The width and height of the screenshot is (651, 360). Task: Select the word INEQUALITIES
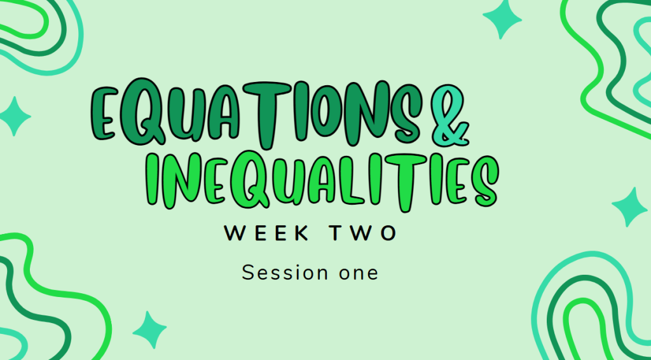click(322, 183)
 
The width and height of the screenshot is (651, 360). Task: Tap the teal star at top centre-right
click(502, 18)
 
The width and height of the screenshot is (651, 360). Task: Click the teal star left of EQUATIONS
click(15, 116)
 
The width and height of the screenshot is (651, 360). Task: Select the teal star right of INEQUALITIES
click(630, 207)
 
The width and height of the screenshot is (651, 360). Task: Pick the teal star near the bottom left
click(149, 329)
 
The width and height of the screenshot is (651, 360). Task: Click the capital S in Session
click(248, 273)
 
